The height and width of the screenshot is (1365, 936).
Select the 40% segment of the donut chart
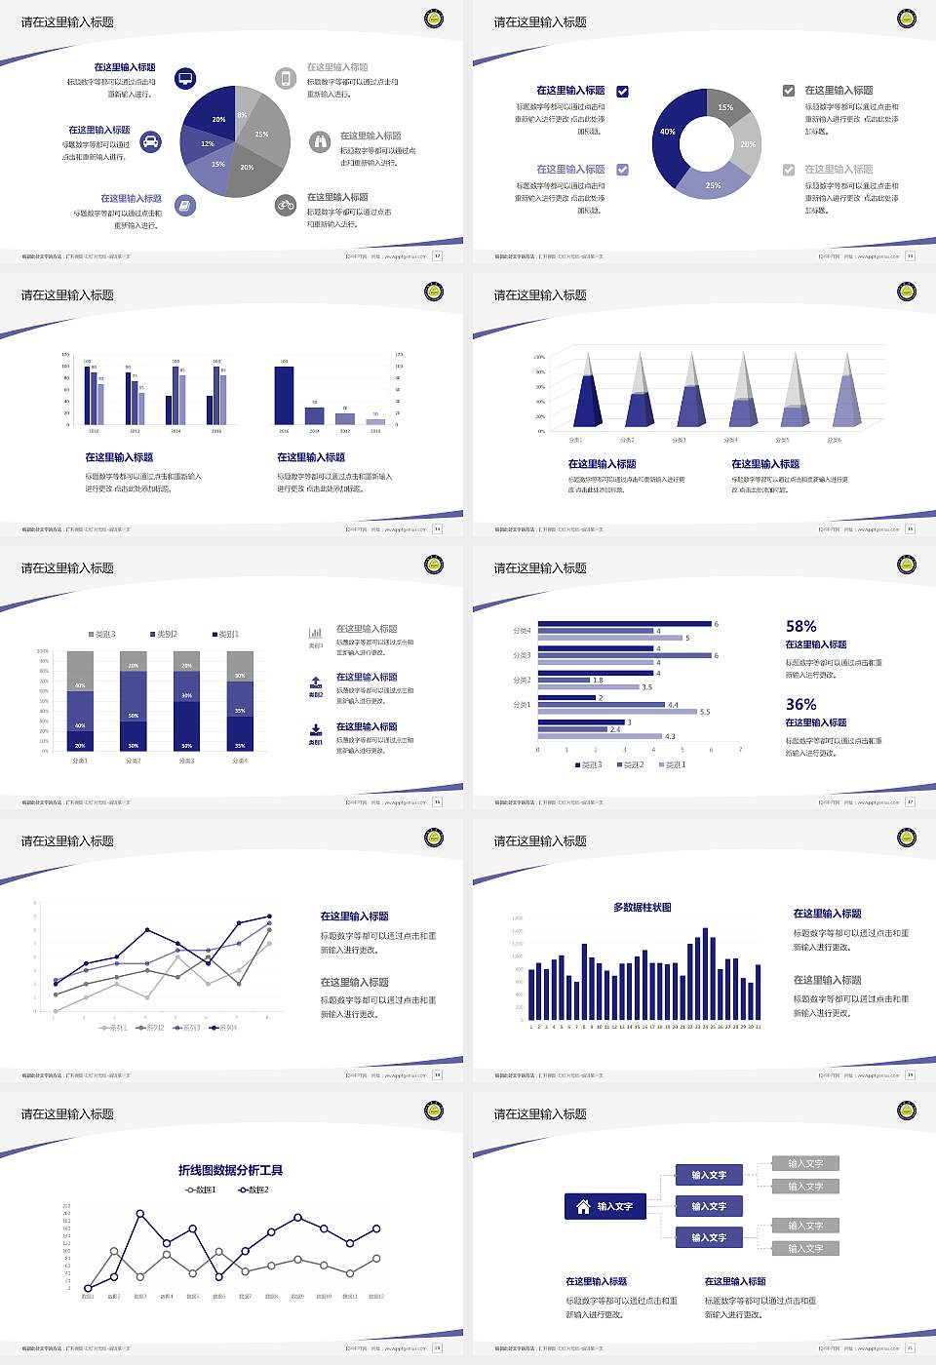[x=670, y=133]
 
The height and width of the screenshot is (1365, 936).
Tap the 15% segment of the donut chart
[x=725, y=106]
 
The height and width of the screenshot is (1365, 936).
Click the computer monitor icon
[x=185, y=79]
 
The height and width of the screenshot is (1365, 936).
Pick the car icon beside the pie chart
[x=151, y=142]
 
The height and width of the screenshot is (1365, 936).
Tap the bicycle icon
[x=286, y=205]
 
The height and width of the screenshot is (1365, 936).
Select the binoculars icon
[x=320, y=142]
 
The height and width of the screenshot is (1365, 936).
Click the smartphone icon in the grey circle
[x=286, y=79]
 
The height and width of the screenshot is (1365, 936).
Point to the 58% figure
[x=800, y=627]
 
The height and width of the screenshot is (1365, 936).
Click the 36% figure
[x=800, y=705]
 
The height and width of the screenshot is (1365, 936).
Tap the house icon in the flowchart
[x=582, y=1206]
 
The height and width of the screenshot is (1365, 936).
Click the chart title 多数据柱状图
[x=642, y=908]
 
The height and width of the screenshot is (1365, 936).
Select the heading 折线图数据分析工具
[x=230, y=1170]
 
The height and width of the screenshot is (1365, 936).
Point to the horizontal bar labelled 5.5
[x=617, y=712]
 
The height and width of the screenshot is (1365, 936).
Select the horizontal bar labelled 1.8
[x=564, y=681]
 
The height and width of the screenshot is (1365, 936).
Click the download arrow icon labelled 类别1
[x=316, y=730]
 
